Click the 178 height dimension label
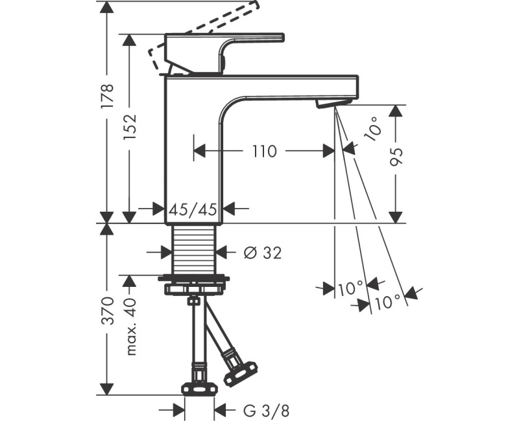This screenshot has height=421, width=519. coord(108,97)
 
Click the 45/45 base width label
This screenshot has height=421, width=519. coord(193,209)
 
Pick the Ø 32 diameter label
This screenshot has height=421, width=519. coord(263,253)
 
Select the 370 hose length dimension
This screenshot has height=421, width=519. coord(108,311)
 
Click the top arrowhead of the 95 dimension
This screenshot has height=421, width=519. coord(396,111)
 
